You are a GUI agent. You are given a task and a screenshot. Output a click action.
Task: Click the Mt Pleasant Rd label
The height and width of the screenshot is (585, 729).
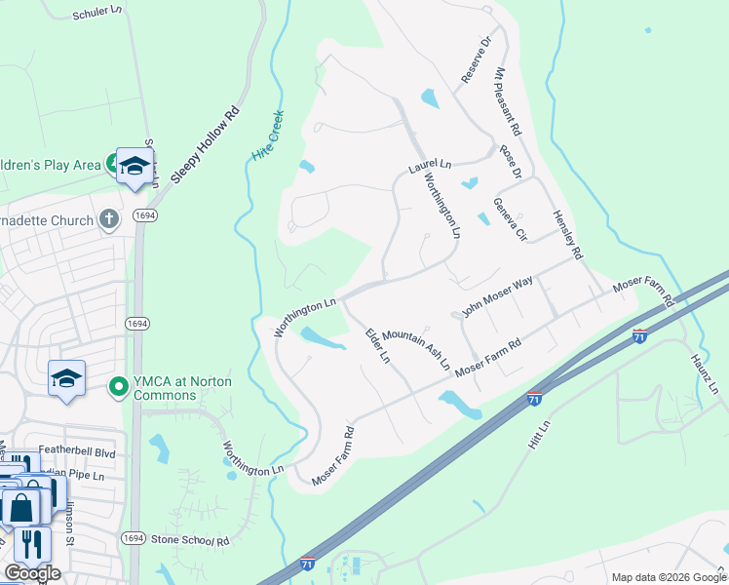[x=508, y=101]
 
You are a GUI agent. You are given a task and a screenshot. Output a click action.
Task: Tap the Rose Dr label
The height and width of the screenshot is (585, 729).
[x=511, y=162]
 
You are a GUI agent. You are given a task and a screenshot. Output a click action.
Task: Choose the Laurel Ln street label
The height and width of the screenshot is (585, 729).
[x=430, y=168]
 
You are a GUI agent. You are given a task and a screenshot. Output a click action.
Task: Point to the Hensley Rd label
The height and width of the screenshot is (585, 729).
[x=567, y=235]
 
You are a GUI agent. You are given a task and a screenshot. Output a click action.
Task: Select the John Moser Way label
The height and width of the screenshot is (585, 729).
[x=497, y=296]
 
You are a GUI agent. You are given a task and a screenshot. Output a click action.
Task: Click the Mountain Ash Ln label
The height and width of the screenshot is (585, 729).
[x=416, y=349]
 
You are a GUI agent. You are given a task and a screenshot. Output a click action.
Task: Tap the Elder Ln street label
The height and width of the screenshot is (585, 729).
[x=377, y=345]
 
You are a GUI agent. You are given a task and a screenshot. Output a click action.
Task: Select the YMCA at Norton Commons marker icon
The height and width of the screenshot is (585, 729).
[x=119, y=388]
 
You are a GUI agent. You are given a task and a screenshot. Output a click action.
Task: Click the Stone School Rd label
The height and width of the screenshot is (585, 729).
[x=190, y=539]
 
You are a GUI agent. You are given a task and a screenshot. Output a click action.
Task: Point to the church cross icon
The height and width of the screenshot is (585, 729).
[x=109, y=219]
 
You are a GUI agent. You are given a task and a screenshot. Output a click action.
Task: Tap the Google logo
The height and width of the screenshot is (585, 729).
[x=32, y=573]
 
